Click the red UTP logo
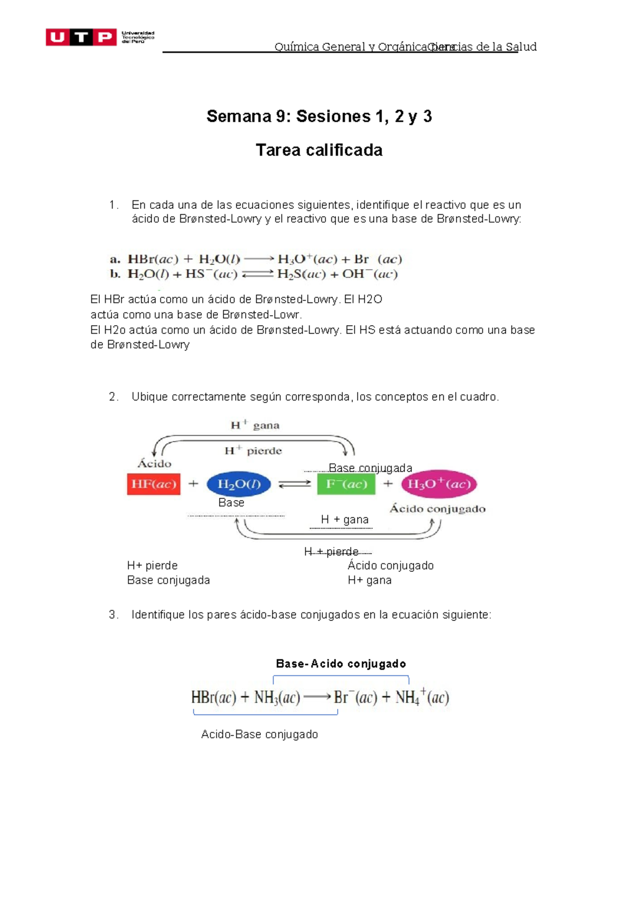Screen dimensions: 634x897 pos(81,37)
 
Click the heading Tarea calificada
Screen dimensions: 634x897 pos(319,150)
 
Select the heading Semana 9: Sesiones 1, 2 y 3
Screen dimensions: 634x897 pos(319,116)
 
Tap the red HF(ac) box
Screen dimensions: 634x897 pos(153,484)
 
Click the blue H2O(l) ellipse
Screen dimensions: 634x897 pos(238,484)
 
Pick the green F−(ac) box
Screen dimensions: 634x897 pos(346,484)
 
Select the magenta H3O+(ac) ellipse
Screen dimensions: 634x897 pos(439,484)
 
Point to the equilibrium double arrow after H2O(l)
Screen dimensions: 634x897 pos(294,484)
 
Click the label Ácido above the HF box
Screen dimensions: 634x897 pos(154,464)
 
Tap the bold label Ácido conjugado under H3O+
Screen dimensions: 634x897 pos(437,509)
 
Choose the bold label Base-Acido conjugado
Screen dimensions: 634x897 pos(341,664)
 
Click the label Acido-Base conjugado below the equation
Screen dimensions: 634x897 pos(259,734)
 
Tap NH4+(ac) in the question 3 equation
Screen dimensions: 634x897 pos(422,697)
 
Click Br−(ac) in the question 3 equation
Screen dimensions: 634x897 pos(355,697)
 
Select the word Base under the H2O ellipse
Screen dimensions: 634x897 pos(231,502)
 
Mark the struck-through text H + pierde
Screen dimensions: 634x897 pos(332,552)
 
